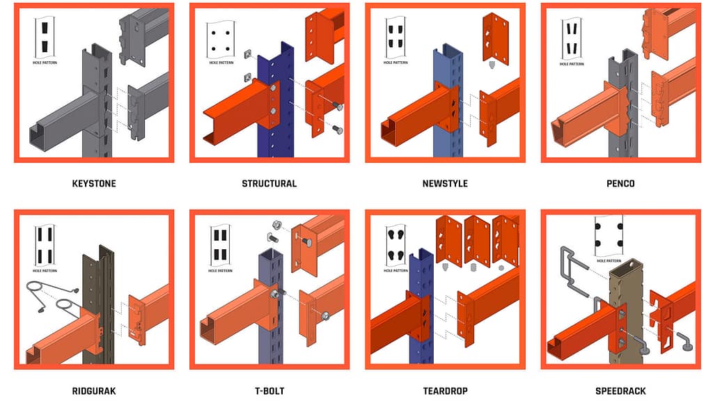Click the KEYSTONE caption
(x=94, y=184)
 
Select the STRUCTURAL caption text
(x=269, y=184)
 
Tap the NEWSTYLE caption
(x=445, y=184)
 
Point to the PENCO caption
(x=620, y=184)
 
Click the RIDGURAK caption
(x=94, y=391)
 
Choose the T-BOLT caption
(x=269, y=391)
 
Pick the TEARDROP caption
(x=445, y=391)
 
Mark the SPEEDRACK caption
(x=620, y=391)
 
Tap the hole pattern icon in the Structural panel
(x=221, y=42)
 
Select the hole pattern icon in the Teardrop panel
(x=396, y=246)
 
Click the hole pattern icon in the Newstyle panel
(x=396, y=42)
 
